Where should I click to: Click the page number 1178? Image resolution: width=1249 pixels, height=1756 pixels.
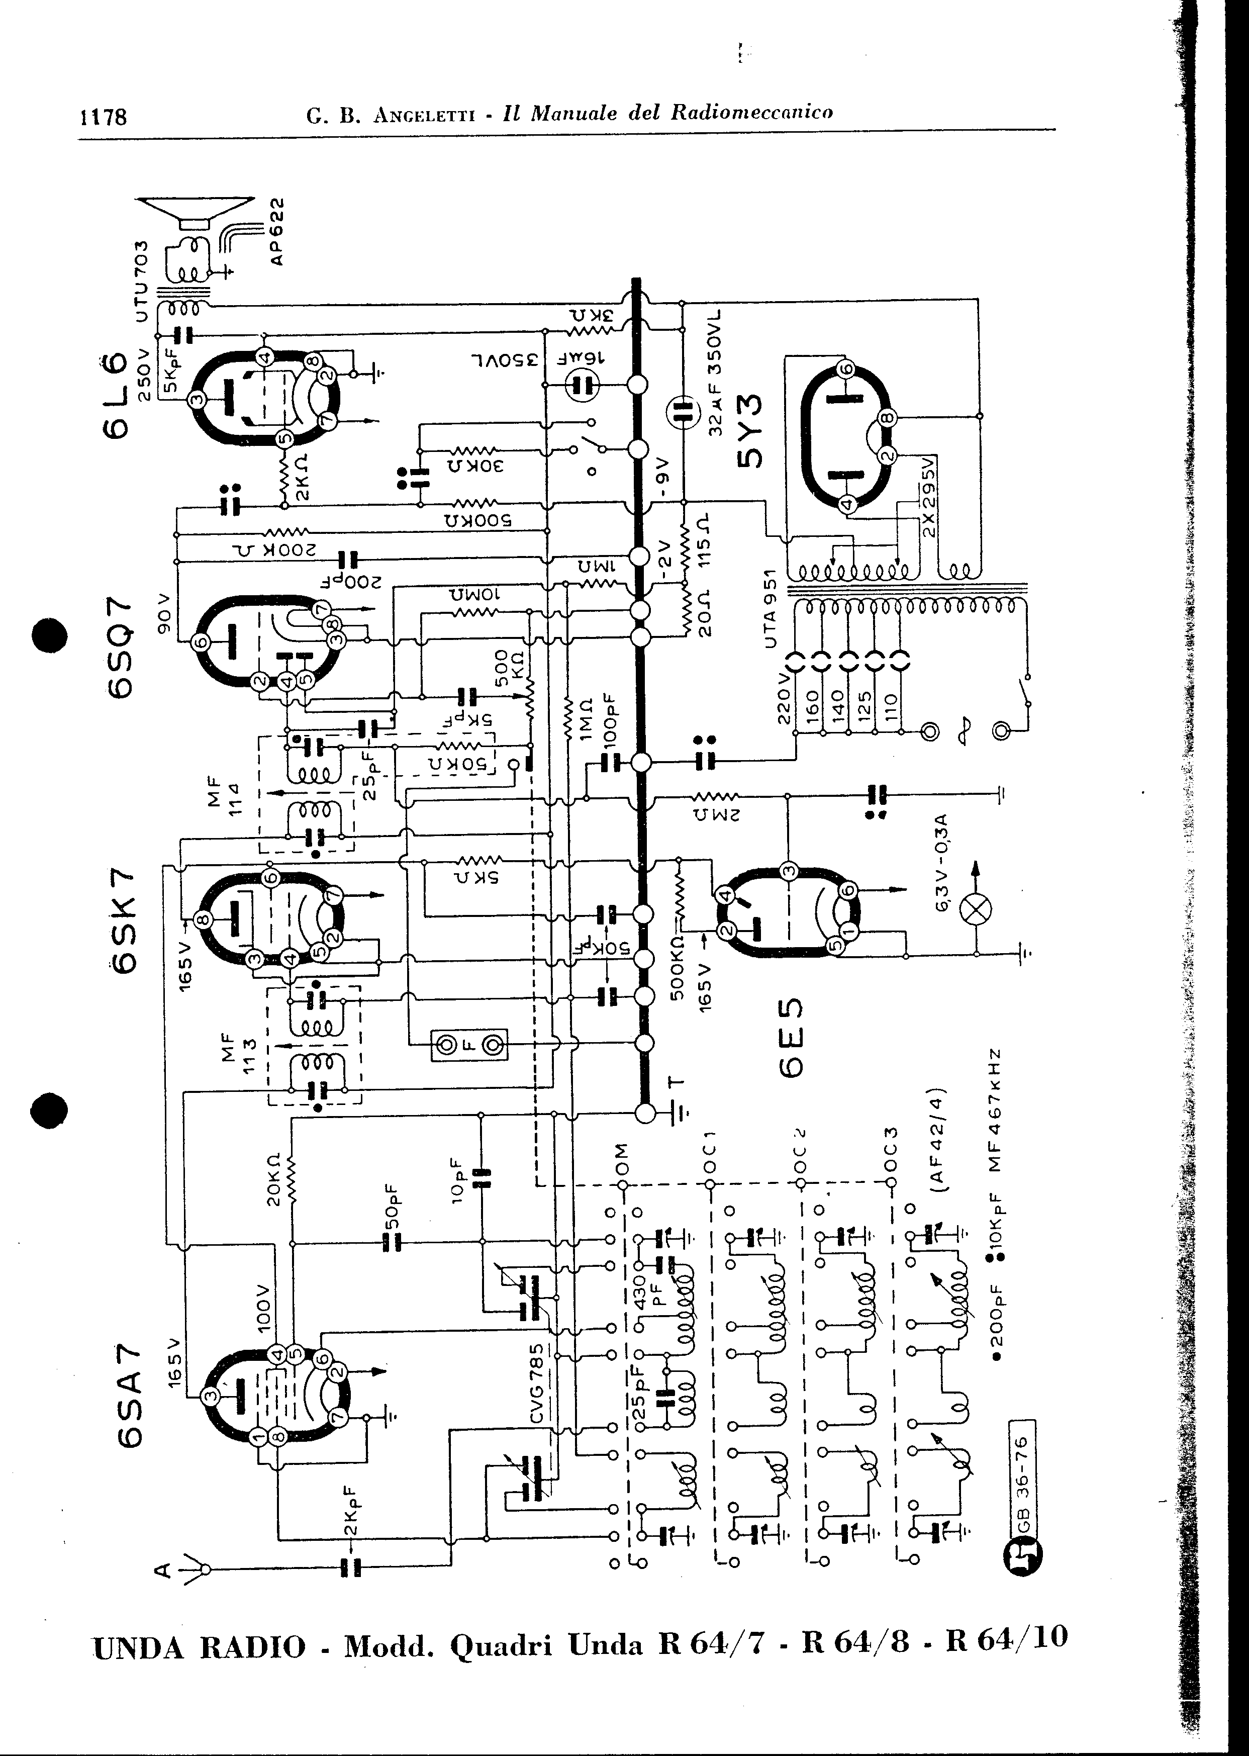pos(103,117)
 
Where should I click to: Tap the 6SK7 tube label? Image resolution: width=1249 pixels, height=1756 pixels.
pos(124,923)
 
